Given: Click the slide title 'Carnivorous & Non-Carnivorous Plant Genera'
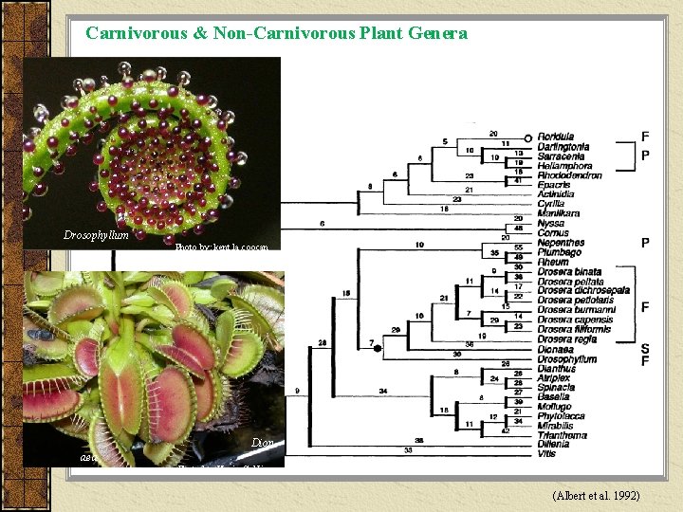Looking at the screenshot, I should [276, 33].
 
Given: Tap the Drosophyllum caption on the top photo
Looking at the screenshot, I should [96, 235].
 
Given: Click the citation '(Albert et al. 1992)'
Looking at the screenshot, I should [596, 496].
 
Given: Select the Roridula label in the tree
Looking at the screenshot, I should [558, 137].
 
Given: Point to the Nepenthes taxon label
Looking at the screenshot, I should [561, 243].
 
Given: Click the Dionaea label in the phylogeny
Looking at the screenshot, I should [557, 349].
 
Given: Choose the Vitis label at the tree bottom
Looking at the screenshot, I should [546, 455].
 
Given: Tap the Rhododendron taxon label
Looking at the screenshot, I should [569, 175].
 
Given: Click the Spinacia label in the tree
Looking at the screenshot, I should [557, 388].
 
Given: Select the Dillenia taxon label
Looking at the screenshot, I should [554, 446].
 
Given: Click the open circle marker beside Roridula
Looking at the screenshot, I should [527, 137].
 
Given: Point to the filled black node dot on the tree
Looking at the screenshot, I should [378, 349].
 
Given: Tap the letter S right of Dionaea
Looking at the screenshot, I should [646, 348].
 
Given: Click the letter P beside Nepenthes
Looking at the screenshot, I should [645, 243].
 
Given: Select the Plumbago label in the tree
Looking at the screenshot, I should [560, 252].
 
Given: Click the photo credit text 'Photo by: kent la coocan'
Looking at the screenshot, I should [222, 247].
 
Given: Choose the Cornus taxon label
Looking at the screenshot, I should [553, 233].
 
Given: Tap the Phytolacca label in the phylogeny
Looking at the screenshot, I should [561, 416].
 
